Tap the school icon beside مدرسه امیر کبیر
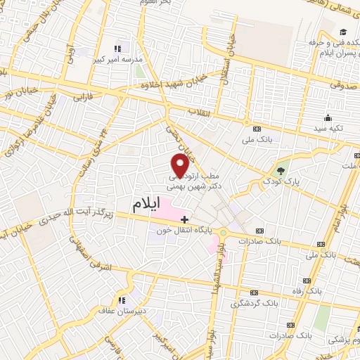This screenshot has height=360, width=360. (117, 49)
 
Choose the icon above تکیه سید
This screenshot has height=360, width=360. (327, 118)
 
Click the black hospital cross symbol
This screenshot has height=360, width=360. (185, 220)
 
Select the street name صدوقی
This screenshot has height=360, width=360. (342, 83)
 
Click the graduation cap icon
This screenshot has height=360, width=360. (342, 32)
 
